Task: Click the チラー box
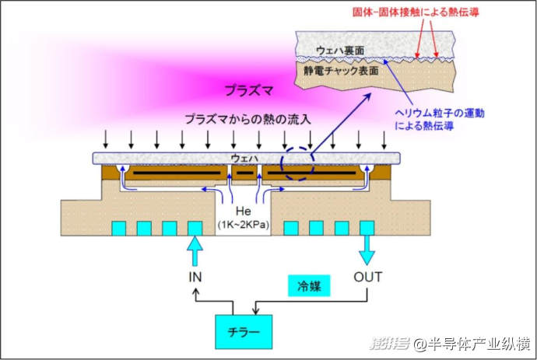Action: click(243, 334)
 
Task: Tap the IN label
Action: click(195, 276)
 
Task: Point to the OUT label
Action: click(368, 276)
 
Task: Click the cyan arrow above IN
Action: click(195, 250)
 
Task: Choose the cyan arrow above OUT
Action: click(367, 250)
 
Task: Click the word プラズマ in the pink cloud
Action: click(248, 89)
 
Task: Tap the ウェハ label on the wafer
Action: click(244, 157)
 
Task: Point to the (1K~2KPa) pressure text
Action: click(244, 225)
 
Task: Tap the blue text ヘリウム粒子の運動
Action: click(451, 113)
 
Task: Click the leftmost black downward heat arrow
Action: click(105, 141)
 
